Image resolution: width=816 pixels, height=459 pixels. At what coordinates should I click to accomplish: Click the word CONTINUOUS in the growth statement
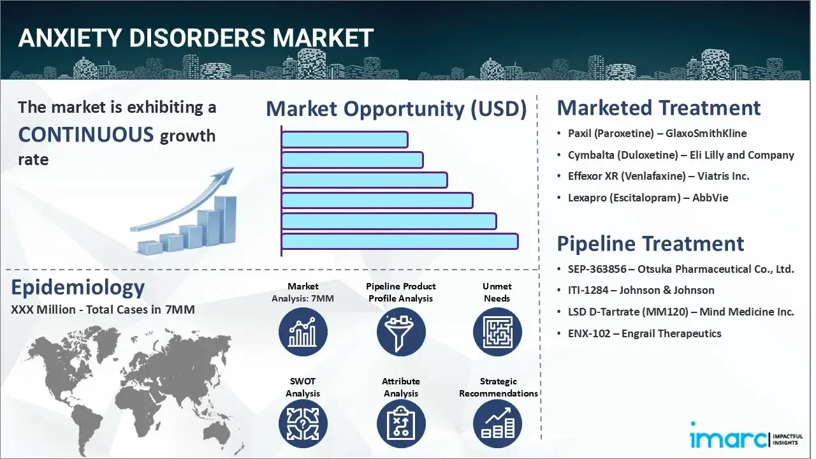(86, 135)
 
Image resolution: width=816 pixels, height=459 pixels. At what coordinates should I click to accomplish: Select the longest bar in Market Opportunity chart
(400, 241)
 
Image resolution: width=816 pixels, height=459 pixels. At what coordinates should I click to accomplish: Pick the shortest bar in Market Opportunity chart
(344, 139)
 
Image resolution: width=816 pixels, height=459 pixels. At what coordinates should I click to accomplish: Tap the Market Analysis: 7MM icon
(303, 332)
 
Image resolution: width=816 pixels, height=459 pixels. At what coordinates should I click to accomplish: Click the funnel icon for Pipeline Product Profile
(400, 332)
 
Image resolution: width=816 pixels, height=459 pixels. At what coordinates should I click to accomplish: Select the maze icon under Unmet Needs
(497, 332)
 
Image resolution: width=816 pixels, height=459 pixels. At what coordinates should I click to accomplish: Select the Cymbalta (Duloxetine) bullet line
(681, 155)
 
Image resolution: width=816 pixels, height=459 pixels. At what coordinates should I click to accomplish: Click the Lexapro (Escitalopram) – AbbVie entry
(648, 198)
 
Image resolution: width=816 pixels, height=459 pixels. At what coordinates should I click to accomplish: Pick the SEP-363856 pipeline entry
(681, 269)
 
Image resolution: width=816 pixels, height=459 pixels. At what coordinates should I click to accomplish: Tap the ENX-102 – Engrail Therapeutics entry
(645, 333)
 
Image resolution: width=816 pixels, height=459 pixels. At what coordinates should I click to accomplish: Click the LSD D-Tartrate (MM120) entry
(681, 312)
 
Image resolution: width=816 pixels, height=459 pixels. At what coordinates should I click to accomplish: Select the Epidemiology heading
(78, 288)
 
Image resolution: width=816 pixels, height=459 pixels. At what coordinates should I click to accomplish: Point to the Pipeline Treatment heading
(650, 244)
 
